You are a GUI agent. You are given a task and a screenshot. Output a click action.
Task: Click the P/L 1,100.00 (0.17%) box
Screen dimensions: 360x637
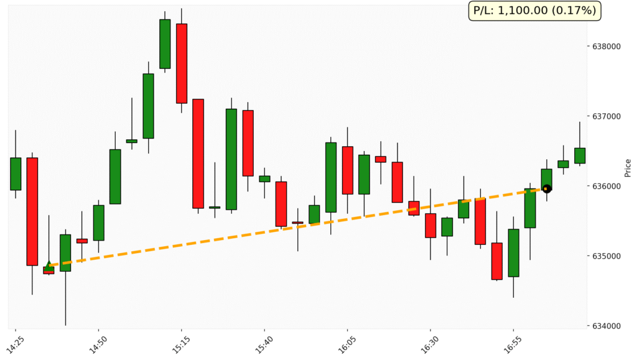534,11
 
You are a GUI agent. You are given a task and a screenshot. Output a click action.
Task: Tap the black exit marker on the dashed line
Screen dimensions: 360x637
546,188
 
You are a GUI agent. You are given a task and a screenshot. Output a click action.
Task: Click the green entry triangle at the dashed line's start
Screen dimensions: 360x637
49,265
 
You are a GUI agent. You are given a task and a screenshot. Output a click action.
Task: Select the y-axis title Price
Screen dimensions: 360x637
628,167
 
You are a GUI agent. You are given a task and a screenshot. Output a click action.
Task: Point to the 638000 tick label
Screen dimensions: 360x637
607,47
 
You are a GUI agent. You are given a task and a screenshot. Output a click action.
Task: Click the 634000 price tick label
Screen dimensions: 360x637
607,326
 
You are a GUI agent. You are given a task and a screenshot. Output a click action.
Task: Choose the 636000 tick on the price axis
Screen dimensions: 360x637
607,187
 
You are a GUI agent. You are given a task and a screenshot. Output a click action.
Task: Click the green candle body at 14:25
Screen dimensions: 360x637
16,173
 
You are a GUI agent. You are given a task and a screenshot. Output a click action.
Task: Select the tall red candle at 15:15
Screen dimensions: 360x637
182,63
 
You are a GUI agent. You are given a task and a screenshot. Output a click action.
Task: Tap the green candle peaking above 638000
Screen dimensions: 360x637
165,44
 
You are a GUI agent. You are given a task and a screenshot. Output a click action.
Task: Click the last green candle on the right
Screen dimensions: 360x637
580,155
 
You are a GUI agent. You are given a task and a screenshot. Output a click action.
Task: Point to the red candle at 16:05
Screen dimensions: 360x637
347,170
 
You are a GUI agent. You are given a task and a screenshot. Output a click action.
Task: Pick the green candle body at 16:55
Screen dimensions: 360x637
513,252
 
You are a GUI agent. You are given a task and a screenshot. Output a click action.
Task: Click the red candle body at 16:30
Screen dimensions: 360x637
430,225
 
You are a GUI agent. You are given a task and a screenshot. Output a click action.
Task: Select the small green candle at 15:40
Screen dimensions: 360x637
264,178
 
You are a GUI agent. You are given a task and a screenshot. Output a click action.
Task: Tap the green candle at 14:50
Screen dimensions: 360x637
98,223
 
